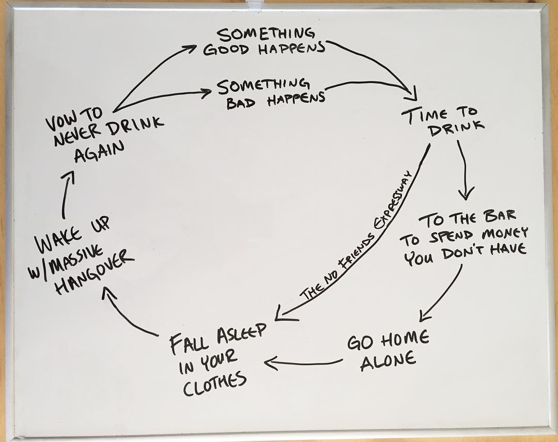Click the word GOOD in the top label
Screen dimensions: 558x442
click(x=226, y=50)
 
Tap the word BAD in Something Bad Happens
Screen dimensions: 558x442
click(x=241, y=102)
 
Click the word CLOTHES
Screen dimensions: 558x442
click(x=214, y=384)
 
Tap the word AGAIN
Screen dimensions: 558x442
click(x=99, y=151)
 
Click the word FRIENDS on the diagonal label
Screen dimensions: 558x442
click(x=355, y=251)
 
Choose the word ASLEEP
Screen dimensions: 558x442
click(x=241, y=334)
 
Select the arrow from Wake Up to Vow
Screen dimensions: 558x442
click(x=67, y=194)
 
